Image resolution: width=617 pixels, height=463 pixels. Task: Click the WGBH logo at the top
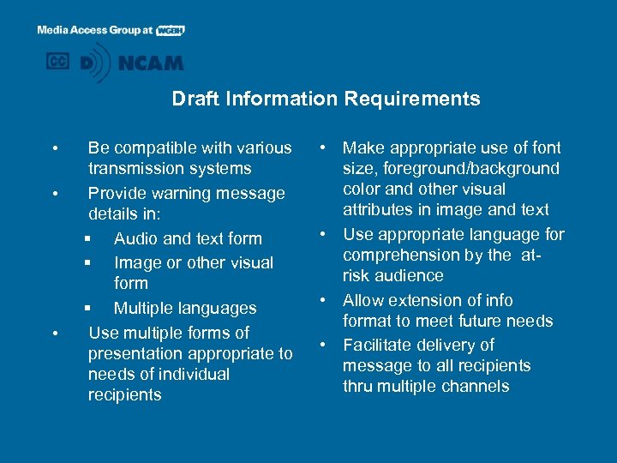(171, 30)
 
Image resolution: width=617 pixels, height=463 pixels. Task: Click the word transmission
(139, 169)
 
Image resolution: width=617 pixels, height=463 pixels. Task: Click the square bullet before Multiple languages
(87, 308)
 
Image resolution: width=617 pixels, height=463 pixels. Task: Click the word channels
(475, 386)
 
